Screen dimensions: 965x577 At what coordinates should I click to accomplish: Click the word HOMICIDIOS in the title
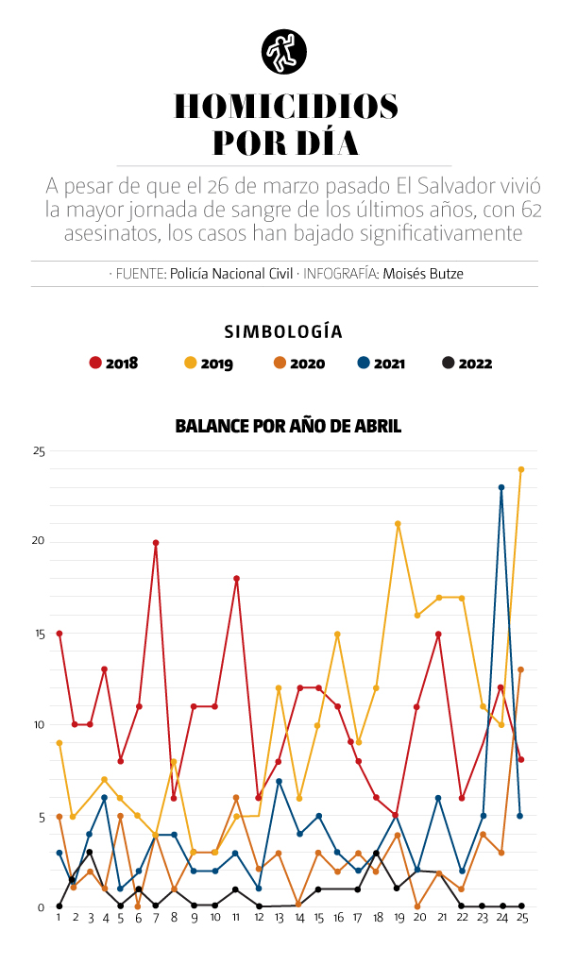[x=286, y=106]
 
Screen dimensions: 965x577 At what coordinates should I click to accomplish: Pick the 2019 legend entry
[x=208, y=363]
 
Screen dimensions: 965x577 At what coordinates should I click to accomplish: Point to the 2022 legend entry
[x=467, y=363]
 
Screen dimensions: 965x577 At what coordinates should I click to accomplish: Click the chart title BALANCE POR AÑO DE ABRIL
[x=288, y=427]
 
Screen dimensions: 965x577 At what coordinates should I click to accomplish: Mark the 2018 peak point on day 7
[x=156, y=543]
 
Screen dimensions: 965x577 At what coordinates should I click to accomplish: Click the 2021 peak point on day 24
[x=501, y=488]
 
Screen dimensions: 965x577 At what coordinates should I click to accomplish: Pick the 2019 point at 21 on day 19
[x=399, y=524]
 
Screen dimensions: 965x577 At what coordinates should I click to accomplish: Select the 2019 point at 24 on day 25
[x=520, y=469]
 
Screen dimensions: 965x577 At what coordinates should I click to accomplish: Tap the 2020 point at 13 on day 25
[x=520, y=669]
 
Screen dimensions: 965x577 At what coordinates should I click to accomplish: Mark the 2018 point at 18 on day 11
[x=236, y=579]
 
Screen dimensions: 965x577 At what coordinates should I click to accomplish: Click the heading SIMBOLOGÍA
[x=283, y=331]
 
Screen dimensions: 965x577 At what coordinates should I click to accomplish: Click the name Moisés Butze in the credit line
[x=423, y=274]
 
